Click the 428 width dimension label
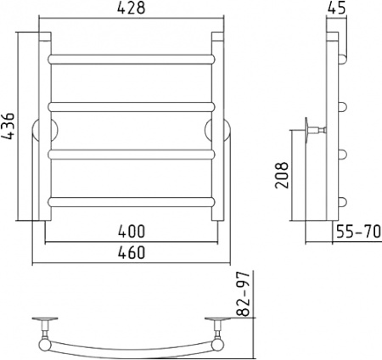131,8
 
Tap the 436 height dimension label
7,127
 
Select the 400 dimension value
132,231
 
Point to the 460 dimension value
132,252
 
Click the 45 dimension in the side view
337,8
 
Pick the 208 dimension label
282,175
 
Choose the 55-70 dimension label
358,232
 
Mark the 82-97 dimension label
244,294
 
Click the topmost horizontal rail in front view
132,59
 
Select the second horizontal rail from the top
132,107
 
